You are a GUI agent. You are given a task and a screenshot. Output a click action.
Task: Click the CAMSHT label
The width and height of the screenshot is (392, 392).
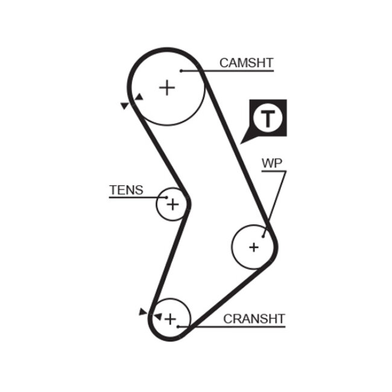coord(246,63)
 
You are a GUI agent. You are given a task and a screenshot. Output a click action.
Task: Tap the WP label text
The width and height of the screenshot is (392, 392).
coord(272,163)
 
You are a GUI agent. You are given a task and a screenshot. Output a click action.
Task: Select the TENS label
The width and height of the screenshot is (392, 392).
coord(126,191)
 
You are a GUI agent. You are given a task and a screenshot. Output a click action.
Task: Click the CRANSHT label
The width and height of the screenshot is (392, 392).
coord(254,318)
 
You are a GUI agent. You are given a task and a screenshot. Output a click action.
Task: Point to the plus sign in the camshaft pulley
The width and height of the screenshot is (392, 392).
coord(166,88)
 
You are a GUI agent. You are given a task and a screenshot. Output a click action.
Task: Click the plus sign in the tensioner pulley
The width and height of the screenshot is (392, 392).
coord(173,204)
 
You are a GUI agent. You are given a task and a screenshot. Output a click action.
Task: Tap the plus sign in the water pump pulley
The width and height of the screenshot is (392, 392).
coord(253,247)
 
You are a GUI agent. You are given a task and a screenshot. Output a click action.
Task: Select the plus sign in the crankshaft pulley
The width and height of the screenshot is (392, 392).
coord(170,318)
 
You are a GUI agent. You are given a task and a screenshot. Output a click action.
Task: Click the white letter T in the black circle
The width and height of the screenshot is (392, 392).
coord(267,118)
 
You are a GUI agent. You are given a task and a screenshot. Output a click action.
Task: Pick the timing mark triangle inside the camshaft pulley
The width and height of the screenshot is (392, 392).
coord(139,97)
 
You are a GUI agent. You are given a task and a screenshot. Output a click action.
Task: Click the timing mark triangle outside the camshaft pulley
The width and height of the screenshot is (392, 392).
coord(125,106)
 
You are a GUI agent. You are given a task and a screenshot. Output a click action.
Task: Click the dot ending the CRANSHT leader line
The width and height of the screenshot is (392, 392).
coord(179,326)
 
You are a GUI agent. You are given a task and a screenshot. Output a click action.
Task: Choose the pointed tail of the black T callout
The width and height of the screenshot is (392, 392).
coord(243,141)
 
